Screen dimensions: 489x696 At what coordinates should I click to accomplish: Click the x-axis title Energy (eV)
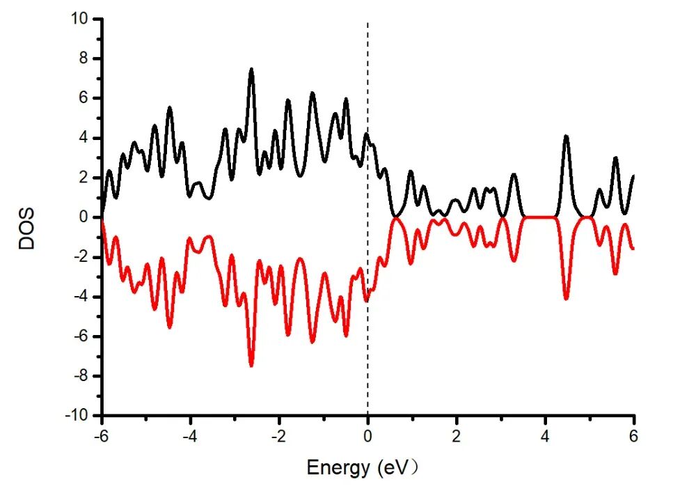(364, 467)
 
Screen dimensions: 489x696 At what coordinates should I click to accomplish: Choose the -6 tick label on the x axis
(101, 436)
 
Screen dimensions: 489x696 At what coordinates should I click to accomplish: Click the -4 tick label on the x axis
(189, 436)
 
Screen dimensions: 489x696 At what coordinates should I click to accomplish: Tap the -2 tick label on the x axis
(278, 436)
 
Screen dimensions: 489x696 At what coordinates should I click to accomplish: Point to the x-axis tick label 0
(367, 436)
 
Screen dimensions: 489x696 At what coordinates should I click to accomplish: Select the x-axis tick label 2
(457, 436)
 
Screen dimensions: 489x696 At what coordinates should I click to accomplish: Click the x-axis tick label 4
(545, 436)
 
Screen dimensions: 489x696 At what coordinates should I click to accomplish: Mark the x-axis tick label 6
(634, 436)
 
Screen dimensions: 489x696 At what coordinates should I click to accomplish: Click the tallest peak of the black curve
(251, 69)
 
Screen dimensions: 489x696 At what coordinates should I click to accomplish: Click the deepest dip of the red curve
(251, 366)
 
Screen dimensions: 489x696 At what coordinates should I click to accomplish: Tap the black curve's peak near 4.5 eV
(566, 136)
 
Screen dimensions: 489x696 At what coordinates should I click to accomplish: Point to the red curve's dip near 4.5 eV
(566, 299)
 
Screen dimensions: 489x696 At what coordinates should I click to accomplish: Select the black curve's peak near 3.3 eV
(514, 174)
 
